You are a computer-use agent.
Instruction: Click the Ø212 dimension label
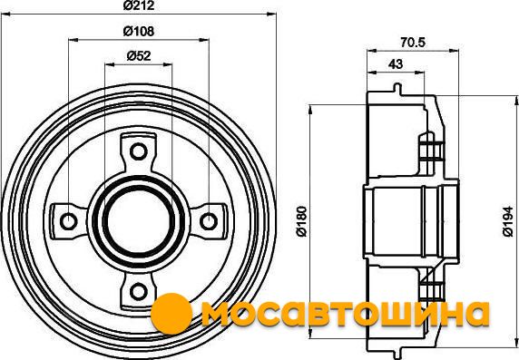pos(139,5)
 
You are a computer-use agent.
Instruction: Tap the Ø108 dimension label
pos(139,31)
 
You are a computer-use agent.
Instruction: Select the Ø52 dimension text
pos(139,56)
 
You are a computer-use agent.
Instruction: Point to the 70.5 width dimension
pos(413,43)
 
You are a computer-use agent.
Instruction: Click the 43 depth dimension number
pos(396,63)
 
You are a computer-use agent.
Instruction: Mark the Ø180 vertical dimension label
pos(302,221)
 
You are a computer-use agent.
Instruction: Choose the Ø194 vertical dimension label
pos(508,221)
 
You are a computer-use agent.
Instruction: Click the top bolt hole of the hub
pos(138,151)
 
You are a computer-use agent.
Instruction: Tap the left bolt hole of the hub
pos(69,221)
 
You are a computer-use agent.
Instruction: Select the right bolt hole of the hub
pos(209,221)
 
